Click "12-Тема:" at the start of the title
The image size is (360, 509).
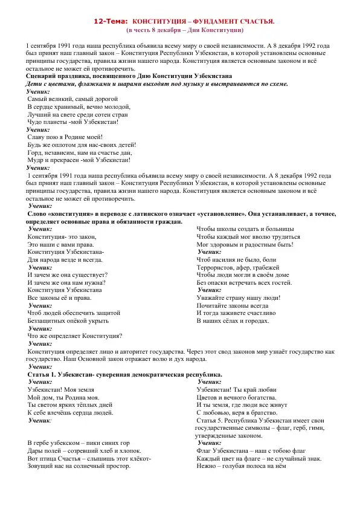(x=111, y=21)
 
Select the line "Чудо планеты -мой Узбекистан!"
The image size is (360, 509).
(x=73, y=122)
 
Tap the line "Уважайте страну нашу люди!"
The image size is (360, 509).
(x=239, y=297)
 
